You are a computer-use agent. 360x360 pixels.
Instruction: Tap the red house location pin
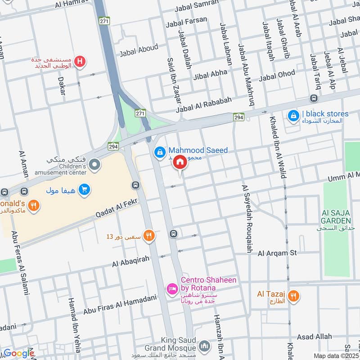[180, 162]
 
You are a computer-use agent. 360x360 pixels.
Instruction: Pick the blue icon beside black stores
[293, 116]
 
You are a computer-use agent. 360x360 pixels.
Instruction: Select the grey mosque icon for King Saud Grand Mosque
[204, 346]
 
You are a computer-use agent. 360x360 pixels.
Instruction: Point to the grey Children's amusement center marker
[94, 165]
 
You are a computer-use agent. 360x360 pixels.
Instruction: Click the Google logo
[18, 353]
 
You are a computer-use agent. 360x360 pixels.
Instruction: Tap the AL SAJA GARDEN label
[336, 216]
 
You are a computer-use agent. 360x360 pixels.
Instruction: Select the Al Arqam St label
[277, 253]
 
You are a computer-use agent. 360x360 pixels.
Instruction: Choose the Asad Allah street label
[314, 337]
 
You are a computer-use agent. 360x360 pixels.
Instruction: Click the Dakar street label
[62, 85]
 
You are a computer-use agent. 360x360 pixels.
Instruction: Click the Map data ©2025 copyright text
[336, 355]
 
